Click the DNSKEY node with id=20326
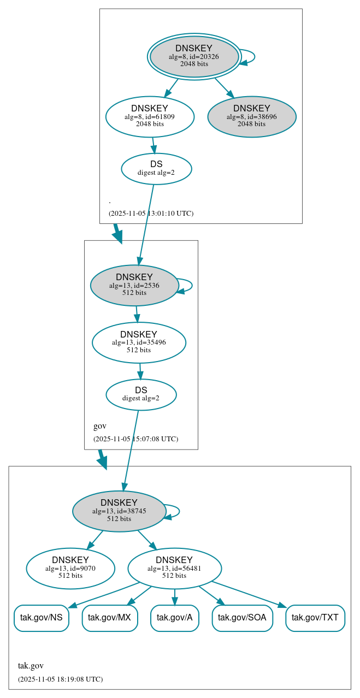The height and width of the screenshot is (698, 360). [x=194, y=56]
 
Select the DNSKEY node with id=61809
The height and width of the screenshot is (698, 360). [x=150, y=116]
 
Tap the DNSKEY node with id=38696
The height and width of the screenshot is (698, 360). [x=252, y=116]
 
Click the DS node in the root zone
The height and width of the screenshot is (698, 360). [x=156, y=169]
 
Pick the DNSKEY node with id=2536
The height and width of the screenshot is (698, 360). [x=134, y=285]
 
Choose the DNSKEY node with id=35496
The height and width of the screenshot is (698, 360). [x=139, y=342]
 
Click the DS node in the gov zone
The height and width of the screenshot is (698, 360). [x=141, y=394]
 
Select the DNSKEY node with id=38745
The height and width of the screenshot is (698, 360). [x=119, y=511]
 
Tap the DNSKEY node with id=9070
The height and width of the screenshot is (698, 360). [x=70, y=568]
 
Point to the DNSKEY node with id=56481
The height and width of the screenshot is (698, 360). [x=174, y=568]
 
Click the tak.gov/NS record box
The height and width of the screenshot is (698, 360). [x=42, y=618]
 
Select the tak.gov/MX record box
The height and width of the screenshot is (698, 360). [x=109, y=618]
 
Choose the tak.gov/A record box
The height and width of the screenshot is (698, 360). [x=174, y=618]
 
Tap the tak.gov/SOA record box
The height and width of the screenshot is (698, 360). [x=242, y=618]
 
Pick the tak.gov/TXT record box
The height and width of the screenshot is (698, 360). [x=315, y=618]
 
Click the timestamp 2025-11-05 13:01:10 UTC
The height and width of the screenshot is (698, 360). [x=151, y=213]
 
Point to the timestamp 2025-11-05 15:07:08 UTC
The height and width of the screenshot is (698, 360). [x=135, y=439]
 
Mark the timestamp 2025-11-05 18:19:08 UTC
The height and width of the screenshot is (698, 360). [x=60, y=679]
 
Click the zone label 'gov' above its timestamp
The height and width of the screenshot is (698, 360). [x=100, y=426]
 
